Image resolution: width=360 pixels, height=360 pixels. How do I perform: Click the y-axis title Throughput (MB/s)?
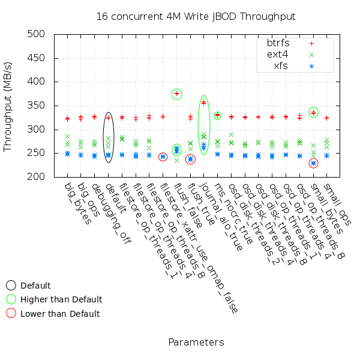pyautogui.click(x=8, y=106)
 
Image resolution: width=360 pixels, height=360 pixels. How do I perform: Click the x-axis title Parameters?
pyautogui.click(x=196, y=342)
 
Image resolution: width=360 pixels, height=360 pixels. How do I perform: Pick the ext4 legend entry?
pyautogui.click(x=278, y=55)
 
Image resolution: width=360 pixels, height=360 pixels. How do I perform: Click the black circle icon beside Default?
pyautogui.click(x=11, y=286)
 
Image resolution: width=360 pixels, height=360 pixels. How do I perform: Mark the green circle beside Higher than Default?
pyautogui.click(x=11, y=299)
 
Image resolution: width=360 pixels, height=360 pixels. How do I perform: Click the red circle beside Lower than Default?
pyautogui.click(x=11, y=313)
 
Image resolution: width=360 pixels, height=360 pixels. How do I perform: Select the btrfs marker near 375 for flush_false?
pyautogui.click(x=177, y=94)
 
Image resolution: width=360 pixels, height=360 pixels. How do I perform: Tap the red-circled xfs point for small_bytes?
pyautogui.click(x=313, y=163)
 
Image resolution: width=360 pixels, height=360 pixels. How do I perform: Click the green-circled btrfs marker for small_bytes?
pyautogui.click(x=313, y=112)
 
